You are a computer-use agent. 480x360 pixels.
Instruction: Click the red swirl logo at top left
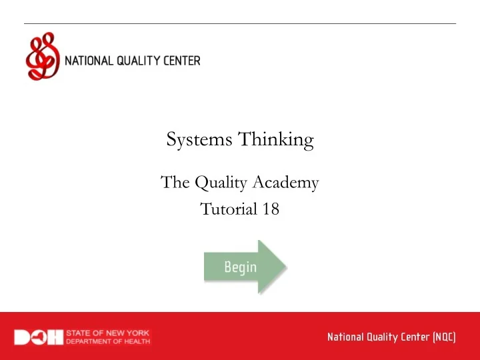(x=42, y=57)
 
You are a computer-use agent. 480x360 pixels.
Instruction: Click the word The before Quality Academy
(x=175, y=181)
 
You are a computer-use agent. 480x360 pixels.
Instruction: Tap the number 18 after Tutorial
(x=270, y=209)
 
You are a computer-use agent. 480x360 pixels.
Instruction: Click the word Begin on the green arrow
(x=240, y=267)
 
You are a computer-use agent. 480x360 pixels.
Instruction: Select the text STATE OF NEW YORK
(x=109, y=333)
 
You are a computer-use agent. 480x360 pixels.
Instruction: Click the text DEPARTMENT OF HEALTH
(x=109, y=342)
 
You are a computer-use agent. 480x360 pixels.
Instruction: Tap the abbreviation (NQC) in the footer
(x=444, y=337)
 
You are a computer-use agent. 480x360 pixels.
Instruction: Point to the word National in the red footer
(x=344, y=337)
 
